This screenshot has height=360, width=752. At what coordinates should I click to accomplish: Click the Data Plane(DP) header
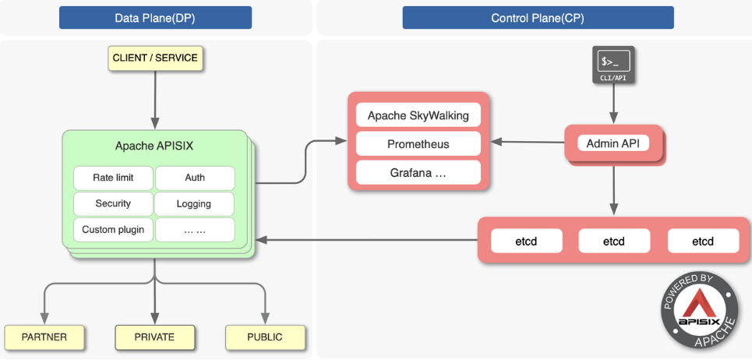pos(155,18)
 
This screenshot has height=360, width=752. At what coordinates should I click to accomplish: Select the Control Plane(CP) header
pos(538,18)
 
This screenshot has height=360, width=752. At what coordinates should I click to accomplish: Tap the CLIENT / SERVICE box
pos(155,58)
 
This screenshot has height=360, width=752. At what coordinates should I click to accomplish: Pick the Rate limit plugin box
pos(113,178)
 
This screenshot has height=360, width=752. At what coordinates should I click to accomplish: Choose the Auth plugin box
pos(195,178)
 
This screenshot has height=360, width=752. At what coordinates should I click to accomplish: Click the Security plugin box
pos(113,203)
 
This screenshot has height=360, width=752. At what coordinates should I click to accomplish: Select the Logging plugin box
pos(195,204)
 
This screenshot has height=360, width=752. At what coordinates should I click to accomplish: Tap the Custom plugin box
pos(113,230)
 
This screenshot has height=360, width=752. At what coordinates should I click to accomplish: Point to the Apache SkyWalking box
pos(418,116)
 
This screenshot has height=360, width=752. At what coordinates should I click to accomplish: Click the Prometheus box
pos(418,144)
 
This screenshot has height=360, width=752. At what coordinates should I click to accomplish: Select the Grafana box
pos(418,172)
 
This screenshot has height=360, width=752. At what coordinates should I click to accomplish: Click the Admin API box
pos(613,143)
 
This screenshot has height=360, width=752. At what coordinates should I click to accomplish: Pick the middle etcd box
pos(613,242)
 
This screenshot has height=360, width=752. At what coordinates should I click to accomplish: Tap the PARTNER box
pos(44,337)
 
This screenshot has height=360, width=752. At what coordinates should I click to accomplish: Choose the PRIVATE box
pos(154,337)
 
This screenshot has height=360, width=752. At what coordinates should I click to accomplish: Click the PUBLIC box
pos(265,337)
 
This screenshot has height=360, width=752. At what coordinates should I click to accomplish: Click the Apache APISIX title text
pos(154,146)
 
